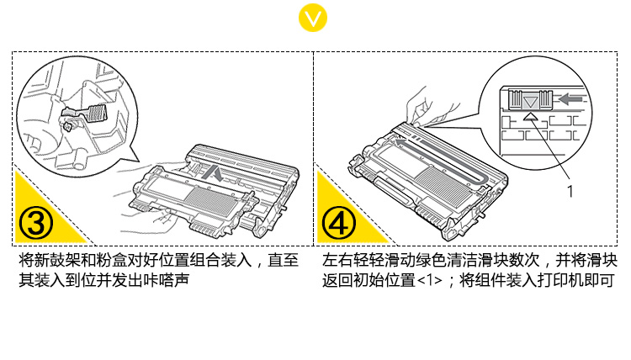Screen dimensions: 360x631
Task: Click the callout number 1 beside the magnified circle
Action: click(x=570, y=191)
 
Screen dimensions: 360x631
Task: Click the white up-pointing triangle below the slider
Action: click(x=528, y=118)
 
